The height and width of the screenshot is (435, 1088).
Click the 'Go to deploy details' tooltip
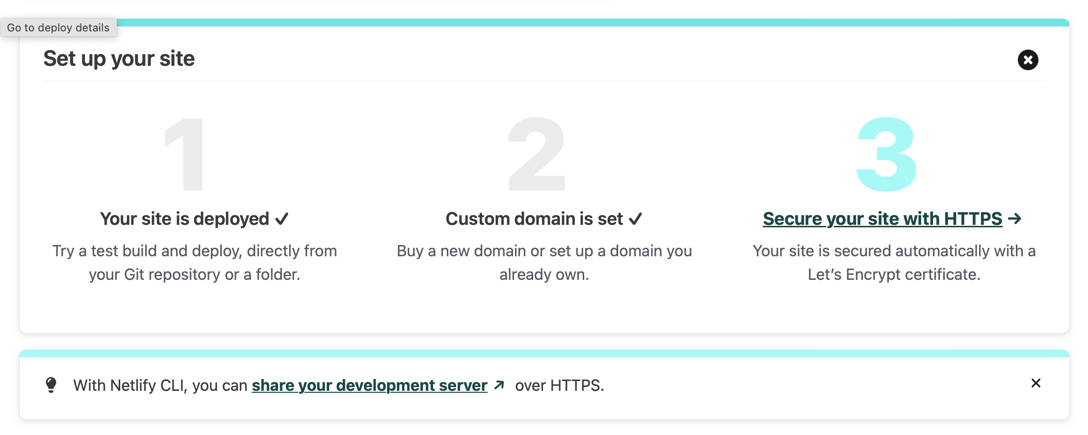(58, 27)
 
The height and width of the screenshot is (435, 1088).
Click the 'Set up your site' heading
(119, 58)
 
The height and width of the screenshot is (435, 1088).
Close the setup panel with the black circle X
(1028, 60)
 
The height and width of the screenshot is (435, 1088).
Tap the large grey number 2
(537, 154)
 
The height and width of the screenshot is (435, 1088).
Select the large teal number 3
(886, 154)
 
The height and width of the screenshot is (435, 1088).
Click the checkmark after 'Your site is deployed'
(282, 219)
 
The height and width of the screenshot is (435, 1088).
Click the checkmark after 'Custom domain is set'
(635, 219)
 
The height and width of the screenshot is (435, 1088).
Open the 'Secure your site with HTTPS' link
(882, 219)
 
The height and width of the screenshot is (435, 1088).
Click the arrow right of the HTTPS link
(1015, 218)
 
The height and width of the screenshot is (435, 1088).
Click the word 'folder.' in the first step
(278, 274)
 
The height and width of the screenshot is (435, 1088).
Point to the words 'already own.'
(544, 274)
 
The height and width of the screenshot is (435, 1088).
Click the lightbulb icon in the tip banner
(51, 385)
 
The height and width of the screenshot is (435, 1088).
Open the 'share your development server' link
(369, 385)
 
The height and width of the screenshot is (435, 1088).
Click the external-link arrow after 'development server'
(499, 385)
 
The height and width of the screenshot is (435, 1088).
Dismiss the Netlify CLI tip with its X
(1036, 383)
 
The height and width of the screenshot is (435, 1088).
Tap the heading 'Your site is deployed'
(184, 219)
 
